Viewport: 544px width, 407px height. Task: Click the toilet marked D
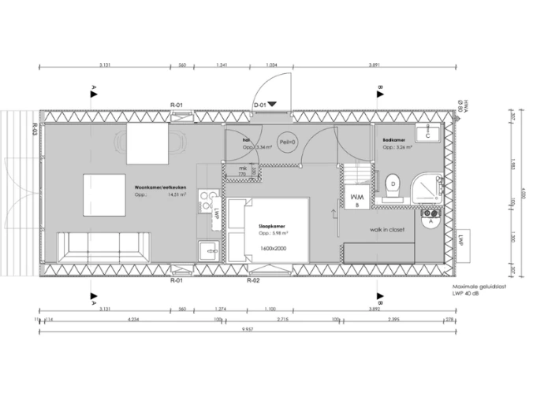[x=392, y=186]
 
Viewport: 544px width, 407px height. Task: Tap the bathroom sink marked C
[x=427, y=135]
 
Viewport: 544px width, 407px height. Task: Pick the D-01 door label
[x=261, y=104]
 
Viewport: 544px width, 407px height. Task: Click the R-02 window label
[x=254, y=279]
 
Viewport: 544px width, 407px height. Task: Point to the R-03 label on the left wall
[x=36, y=130]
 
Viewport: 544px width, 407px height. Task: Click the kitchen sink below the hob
[x=209, y=250]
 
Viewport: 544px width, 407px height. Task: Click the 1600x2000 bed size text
[x=272, y=248]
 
